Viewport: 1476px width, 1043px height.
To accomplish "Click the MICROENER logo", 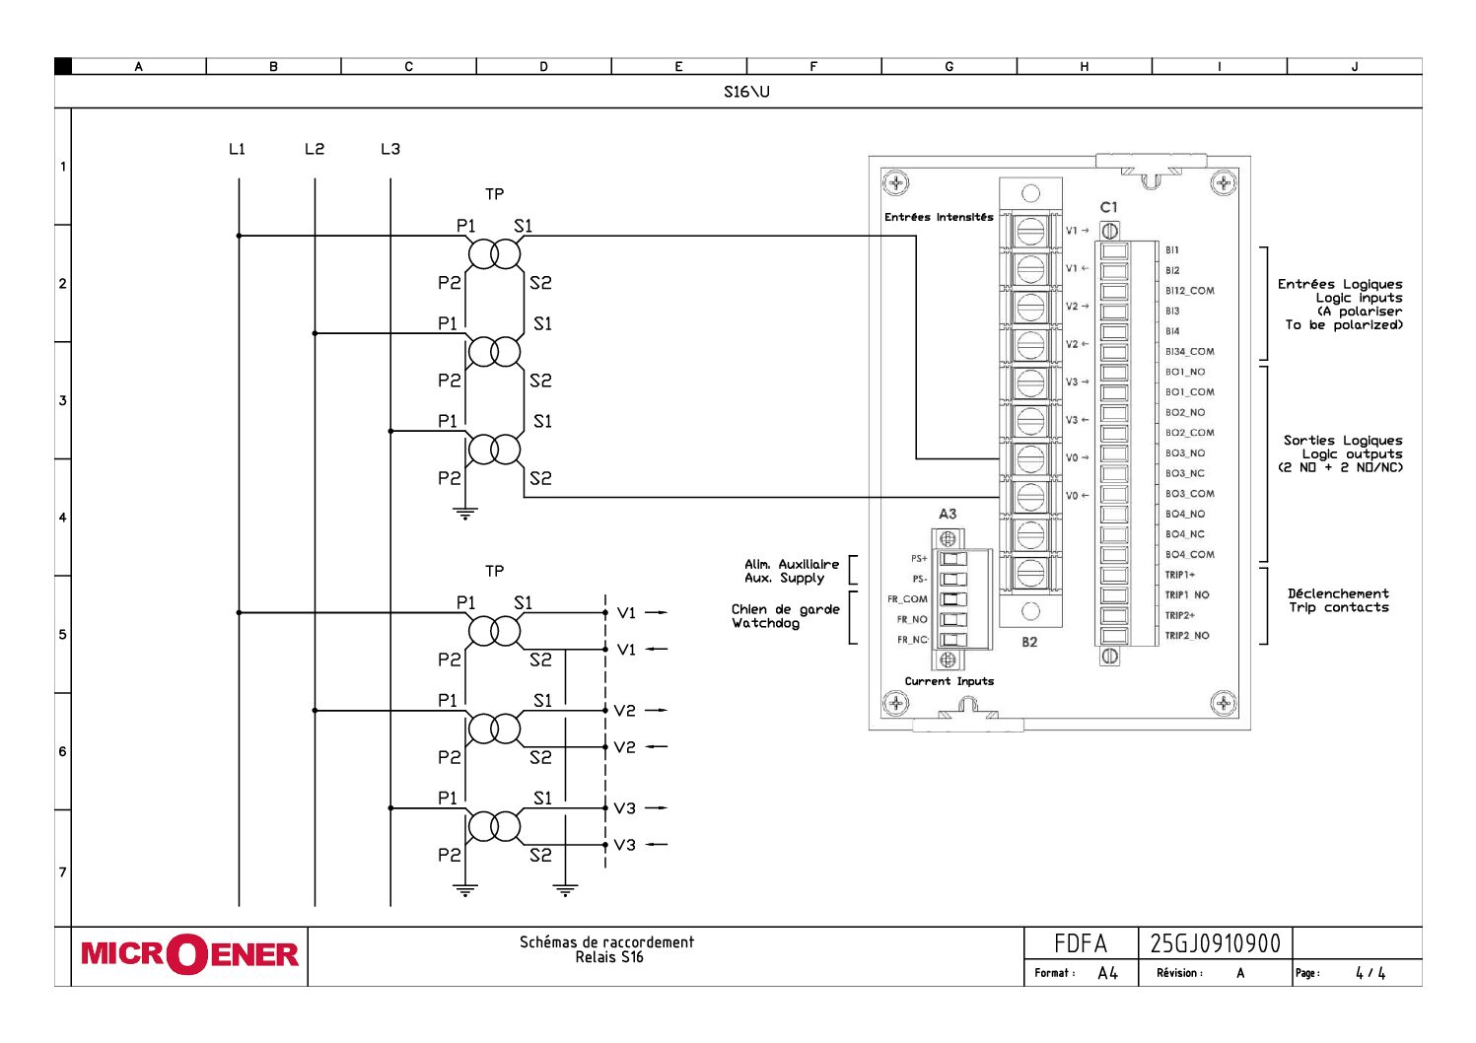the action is click(x=189, y=954).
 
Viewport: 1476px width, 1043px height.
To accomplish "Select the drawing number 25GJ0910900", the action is click(x=1215, y=943).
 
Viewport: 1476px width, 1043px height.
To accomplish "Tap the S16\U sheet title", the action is click(x=746, y=92).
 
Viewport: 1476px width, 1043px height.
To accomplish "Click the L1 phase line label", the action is click(x=237, y=149).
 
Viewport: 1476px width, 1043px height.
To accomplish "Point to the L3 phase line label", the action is click(x=390, y=149).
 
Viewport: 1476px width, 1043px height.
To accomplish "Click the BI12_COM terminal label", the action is click(x=1189, y=291).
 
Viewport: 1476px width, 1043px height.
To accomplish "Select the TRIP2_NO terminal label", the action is click(x=1187, y=636).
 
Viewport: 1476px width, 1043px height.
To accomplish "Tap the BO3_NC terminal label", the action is click(x=1185, y=473).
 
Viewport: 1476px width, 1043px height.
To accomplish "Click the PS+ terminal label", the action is click(x=919, y=559).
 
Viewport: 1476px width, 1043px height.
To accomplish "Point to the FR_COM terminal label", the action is click(x=907, y=599).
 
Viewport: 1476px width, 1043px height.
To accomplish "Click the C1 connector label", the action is click(x=1109, y=208).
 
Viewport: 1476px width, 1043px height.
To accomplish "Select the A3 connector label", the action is click(x=948, y=514).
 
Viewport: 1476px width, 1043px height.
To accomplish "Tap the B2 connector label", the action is click(x=1029, y=642).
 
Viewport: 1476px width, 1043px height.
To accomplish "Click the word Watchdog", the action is click(x=765, y=623).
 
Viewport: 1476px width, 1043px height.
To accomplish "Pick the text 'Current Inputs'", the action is click(x=949, y=681).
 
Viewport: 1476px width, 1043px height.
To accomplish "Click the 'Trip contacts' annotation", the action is click(x=1338, y=607).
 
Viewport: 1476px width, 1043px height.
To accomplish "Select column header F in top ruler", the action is click(x=813, y=67).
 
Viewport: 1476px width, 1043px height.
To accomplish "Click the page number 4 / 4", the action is click(x=1370, y=972).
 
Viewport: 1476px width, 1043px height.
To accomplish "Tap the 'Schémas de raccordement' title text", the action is click(x=606, y=942).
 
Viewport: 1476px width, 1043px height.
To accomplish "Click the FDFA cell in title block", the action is click(x=1080, y=943).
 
